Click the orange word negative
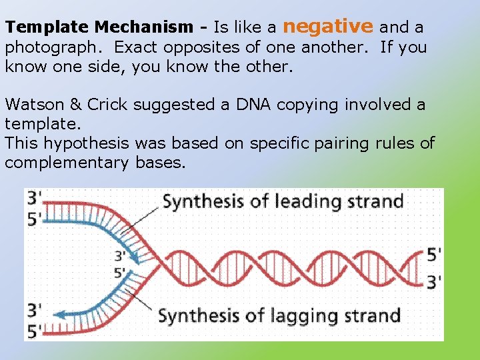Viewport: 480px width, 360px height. pos(328,26)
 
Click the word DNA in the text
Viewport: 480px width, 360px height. pos(251,105)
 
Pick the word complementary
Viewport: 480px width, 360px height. pos(65,163)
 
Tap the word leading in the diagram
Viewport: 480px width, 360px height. pos(305,201)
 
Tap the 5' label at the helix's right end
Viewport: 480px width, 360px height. pos(433,254)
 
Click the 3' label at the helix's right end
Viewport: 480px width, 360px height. pos(433,282)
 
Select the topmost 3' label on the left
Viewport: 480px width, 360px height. pos(33,198)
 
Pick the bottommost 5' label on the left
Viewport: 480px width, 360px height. pos(33,329)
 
